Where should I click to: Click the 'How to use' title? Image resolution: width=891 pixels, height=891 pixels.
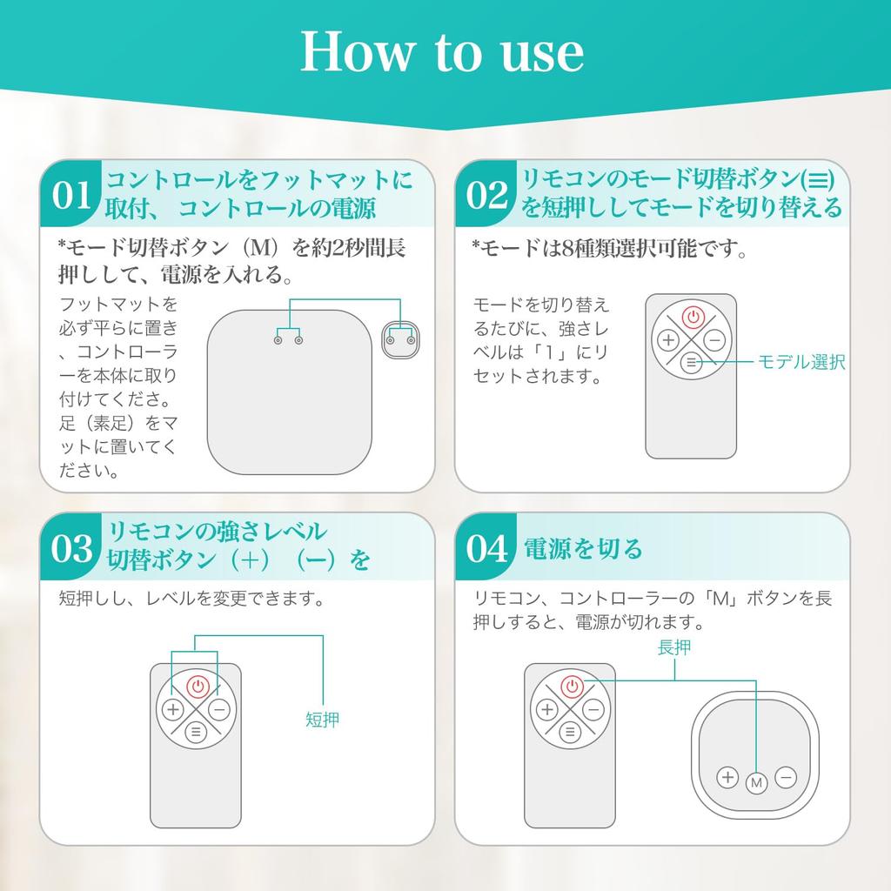click(x=441, y=52)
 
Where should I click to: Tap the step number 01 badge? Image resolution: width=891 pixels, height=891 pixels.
click(x=71, y=195)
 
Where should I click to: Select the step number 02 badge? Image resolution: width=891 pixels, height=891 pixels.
click(x=486, y=195)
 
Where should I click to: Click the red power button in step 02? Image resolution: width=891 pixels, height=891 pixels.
click(x=693, y=317)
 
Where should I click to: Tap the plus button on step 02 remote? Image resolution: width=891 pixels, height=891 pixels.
click(x=668, y=340)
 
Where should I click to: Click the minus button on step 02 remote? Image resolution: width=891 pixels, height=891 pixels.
click(x=714, y=340)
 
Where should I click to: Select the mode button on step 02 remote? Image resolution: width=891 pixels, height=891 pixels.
click(x=692, y=362)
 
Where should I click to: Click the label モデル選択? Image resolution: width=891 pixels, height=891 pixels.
click(x=801, y=362)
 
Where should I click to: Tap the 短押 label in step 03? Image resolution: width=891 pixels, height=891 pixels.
click(x=322, y=720)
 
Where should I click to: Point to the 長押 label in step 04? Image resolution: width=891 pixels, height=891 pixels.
click(x=674, y=647)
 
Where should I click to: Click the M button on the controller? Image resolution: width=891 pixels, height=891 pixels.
click(x=756, y=783)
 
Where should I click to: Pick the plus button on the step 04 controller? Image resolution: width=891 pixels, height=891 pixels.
click(x=727, y=777)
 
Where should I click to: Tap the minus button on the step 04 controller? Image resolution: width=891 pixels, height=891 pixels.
click(x=786, y=777)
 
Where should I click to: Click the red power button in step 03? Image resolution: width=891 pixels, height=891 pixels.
click(x=198, y=687)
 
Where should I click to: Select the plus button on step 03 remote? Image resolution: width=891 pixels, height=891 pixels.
click(x=173, y=709)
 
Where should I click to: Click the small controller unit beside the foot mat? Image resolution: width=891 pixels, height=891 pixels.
click(x=400, y=340)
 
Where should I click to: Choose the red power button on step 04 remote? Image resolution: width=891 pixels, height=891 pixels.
click(x=573, y=687)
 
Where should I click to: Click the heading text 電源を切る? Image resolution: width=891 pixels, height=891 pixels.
click(x=583, y=548)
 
